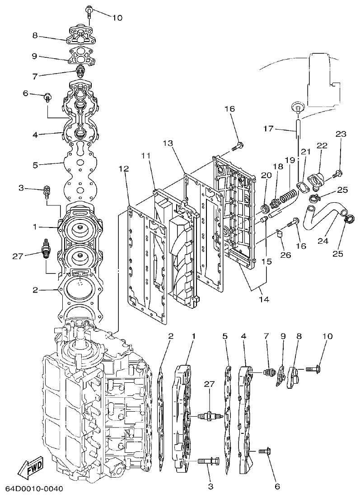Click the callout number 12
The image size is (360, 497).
124,169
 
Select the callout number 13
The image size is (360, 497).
168,143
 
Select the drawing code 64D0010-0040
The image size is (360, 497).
34,489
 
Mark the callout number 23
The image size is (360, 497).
341,134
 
